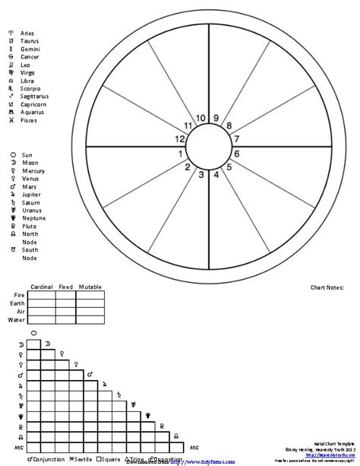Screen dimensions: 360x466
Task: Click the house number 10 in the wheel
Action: (x=201, y=118)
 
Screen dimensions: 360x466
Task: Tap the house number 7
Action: (x=236, y=139)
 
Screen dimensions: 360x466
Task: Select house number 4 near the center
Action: (x=216, y=175)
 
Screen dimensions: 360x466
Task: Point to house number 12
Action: (x=180, y=139)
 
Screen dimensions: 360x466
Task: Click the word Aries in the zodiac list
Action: (x=27, y=34)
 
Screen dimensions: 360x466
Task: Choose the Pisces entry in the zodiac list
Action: (x=29, y=120)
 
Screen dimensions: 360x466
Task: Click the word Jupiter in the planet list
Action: (x=32, y=195)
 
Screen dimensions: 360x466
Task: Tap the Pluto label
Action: (x=29, y=227)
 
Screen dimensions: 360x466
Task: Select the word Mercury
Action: (x=33, y=171)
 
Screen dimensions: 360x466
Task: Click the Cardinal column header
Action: (x=41, y=287)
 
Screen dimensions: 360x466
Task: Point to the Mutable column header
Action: (x=90, y=287)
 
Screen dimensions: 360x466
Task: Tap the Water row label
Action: (x=16, y=320)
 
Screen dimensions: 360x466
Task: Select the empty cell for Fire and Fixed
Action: (x=65, y=295)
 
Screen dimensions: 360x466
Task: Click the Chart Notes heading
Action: (x=328, y=287)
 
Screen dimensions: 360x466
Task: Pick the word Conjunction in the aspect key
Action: (x=49, y=460)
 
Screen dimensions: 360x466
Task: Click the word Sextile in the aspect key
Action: (x=86, y=460)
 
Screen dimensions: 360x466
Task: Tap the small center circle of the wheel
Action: (x=209, y=145)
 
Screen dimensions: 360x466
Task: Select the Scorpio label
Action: (x=30, y=89)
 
